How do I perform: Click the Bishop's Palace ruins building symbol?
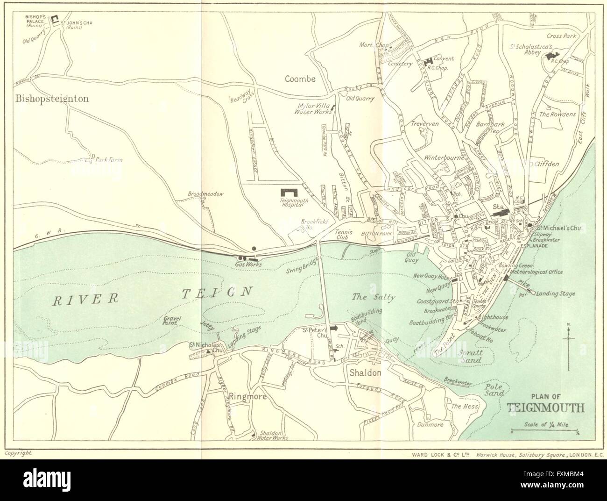(x=55, y=19)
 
